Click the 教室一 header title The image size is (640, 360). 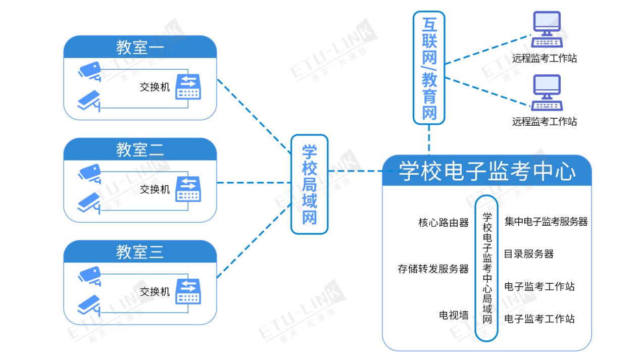point(140,47)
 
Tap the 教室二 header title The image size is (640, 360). point(140,149)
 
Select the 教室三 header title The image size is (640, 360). point(140,251)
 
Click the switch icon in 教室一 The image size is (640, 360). point(188,87)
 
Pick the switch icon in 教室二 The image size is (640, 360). point(188,189)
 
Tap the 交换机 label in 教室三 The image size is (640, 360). point(155,291)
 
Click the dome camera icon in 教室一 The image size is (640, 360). point(89,70)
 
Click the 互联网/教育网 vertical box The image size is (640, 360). point(429,68)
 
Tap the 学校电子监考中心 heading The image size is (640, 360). point(486,171)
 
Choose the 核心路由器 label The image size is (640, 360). point(444,222)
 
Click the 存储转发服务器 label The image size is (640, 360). point(433,269)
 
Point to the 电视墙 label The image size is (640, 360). point(454,315)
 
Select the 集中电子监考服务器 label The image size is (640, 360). point(546,221)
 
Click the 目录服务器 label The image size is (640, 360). point(529,253)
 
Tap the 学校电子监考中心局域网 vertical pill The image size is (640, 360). point(487,268)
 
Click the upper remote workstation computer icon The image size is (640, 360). point(547,29)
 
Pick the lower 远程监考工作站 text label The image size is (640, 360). point(544,121)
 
